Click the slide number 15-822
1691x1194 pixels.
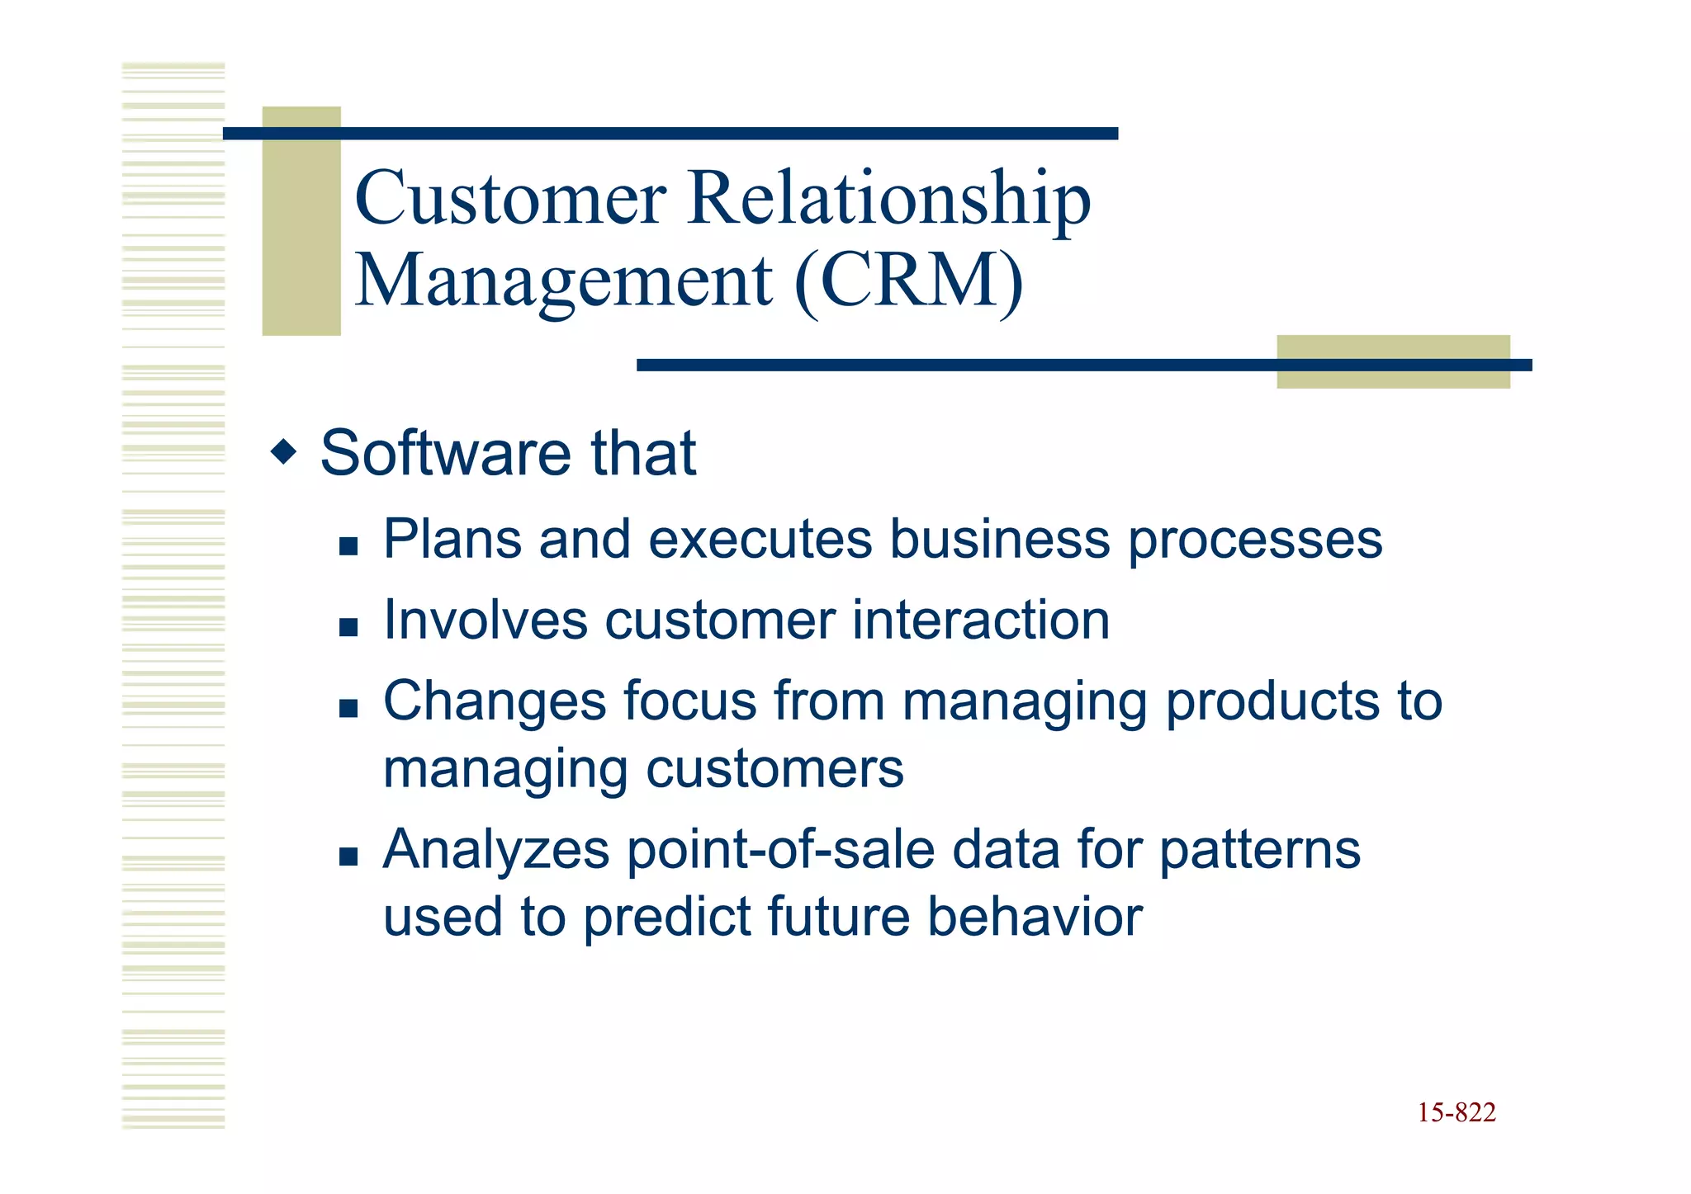coord(1457,1113)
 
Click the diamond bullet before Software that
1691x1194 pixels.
coord(283,452)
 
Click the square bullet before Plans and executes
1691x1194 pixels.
coord(348,546)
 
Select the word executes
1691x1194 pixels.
coord(760,540)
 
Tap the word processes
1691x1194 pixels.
coord(1255,540)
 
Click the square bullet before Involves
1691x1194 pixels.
coord(348,627)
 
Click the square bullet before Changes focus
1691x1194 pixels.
coord(348,708)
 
